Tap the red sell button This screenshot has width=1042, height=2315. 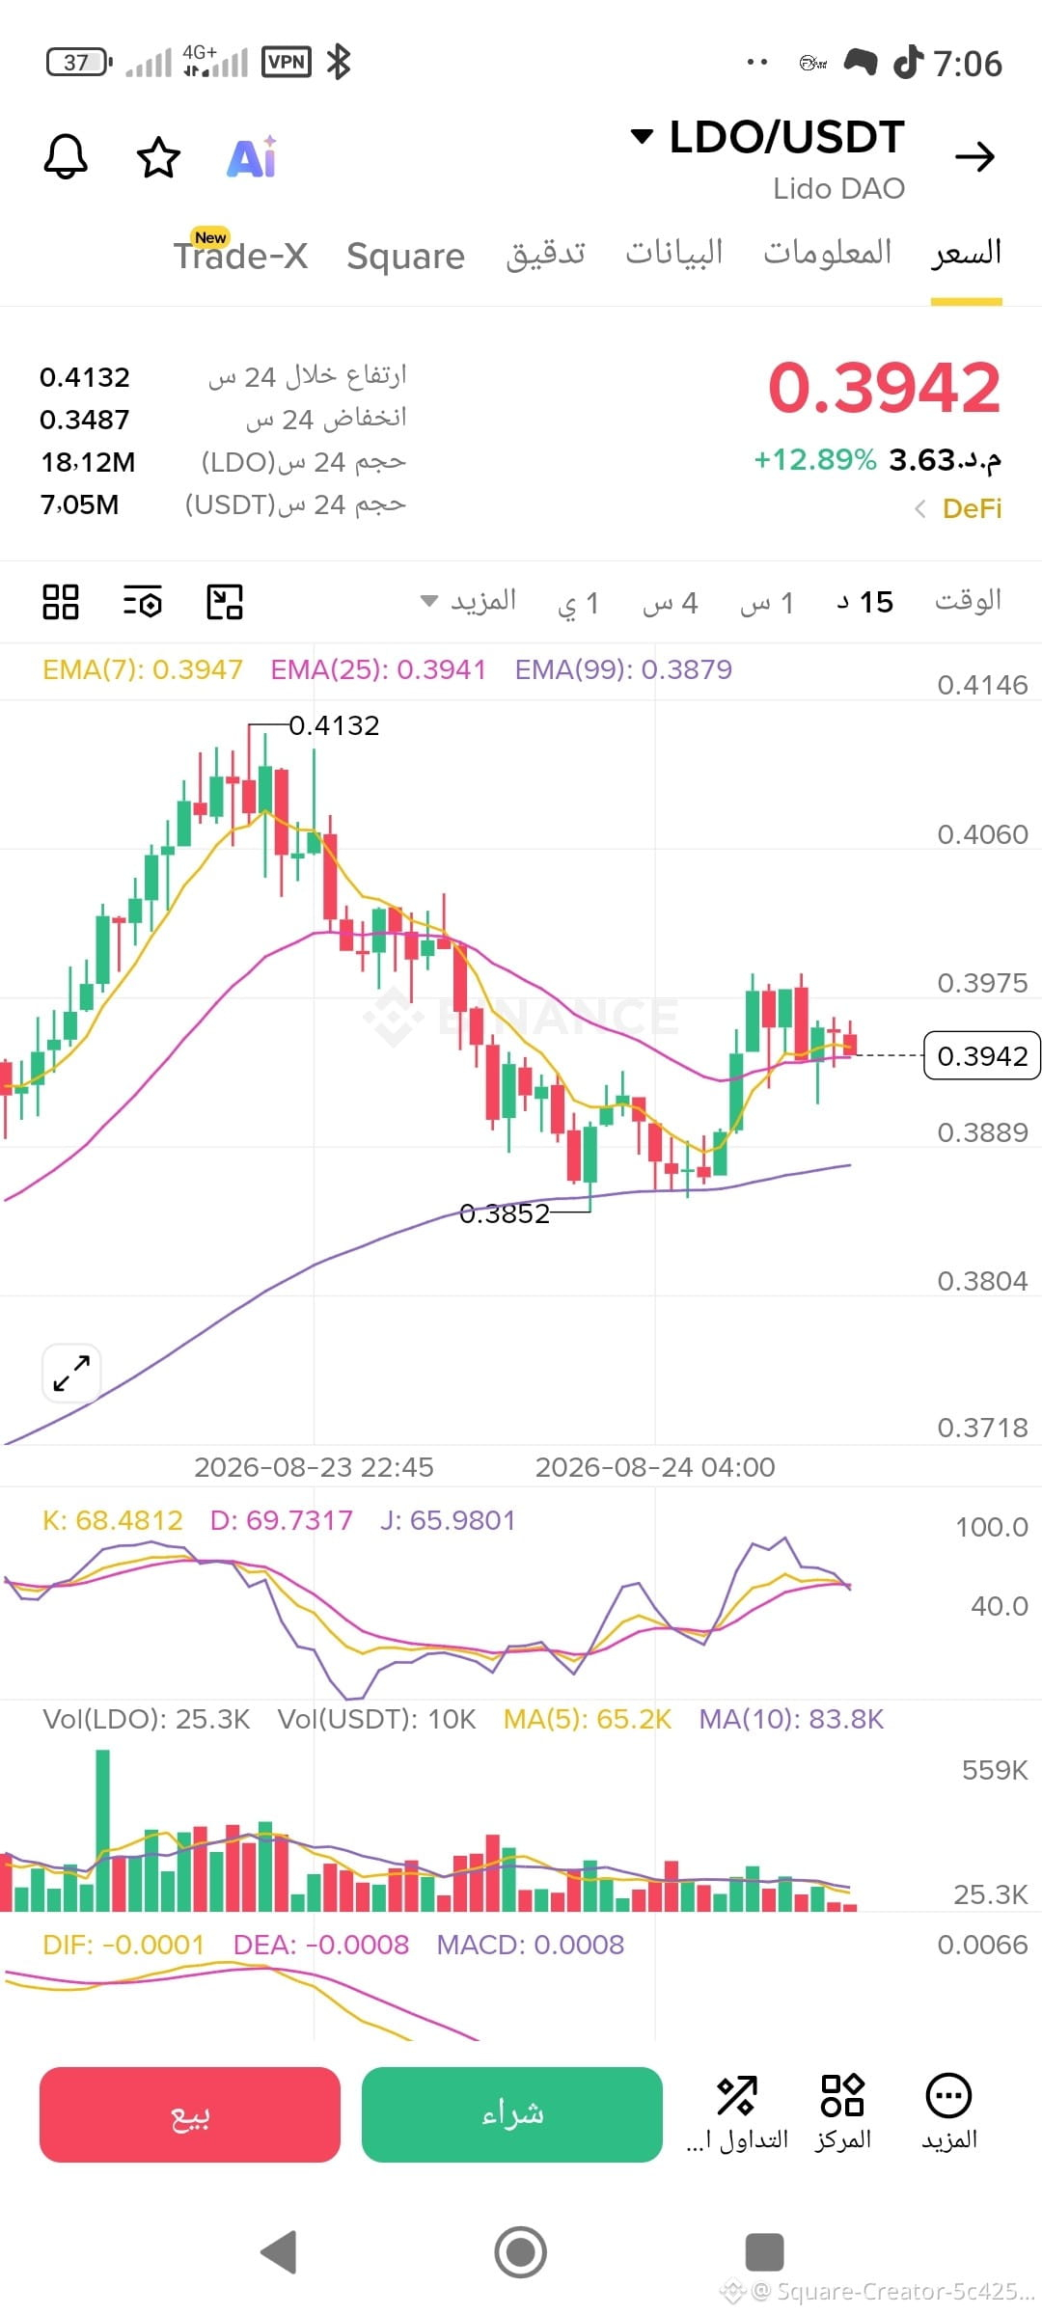pyautogui.click(x=190, y=2114)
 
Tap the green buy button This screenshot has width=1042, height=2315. pyautogui.click(x=512, y=2114)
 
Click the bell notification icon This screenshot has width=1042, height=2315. pyautogui.click(x=66, y=156)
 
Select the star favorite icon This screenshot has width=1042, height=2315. pyautogui.click(x=158, y=157)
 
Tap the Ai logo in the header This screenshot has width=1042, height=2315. pyautogui.click(x=252, y=157)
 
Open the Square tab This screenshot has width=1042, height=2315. pyautogui.click(x=406, y=257)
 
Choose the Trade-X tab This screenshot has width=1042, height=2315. pyautogui.click(x=241, y=255)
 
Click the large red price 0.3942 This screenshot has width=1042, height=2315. pyautogui.click(x=884, y=388)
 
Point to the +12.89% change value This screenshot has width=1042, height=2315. pyautogui.click(x=815, y=459)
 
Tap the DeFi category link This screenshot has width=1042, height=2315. pyautogui.click(x=972, y=508)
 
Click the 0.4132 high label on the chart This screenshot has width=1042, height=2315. pyautogui.click(x=334, y=725)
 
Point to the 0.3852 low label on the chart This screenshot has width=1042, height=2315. pyautogui.click(x=505, y=1213)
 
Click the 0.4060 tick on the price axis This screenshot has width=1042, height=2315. pyautogui.click(x=982, y=834)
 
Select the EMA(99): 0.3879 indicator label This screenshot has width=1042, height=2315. pyautogui.click(x=623, y=669)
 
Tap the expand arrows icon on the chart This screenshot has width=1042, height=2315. pyautogui.click(x=72, y=1373)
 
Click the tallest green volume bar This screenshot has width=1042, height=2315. pyautogui.click(x=102, y=1831)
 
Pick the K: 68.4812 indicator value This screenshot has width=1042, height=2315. pyautogui.click(x=113, y=1521)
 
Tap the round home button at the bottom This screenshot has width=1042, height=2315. pyautogui.click(x=521, y=2252)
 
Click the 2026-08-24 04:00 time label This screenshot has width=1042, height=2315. pyautogui.click(x=655, y=1467)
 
